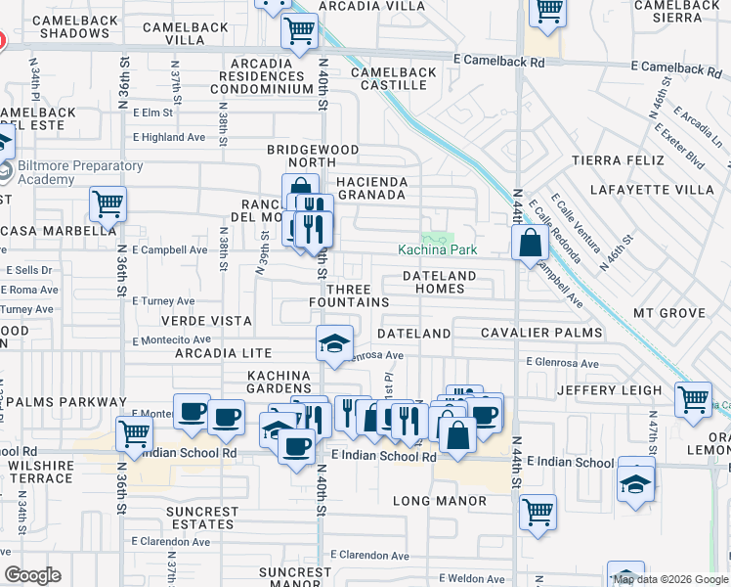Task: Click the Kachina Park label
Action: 437,249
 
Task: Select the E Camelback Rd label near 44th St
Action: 499,61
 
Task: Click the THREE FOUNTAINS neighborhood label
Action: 357,295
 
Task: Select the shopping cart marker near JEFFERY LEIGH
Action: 693,397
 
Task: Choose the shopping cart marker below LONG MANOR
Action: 537,511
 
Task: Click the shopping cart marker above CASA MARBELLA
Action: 108,204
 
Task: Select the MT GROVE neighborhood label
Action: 669,313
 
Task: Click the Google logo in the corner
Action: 32,575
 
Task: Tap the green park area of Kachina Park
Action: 438,237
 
